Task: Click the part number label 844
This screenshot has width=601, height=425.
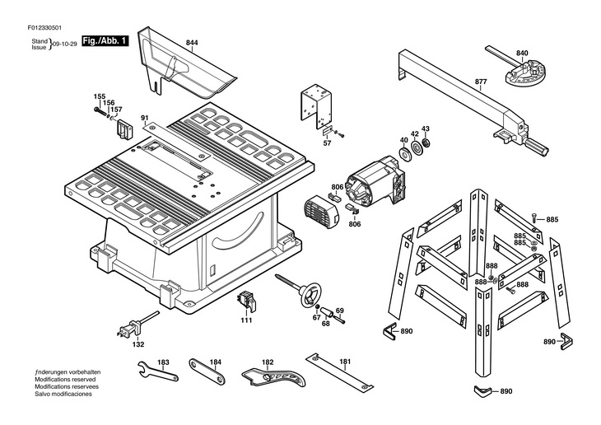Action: [192, 41]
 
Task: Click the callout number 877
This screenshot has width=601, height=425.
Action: [481, 82]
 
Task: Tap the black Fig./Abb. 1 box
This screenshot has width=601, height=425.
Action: [105, 40]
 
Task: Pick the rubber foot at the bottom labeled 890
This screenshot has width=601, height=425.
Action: [482, 390]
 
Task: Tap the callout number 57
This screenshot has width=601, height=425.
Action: [327, 143]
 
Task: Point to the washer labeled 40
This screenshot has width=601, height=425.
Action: [404, 150]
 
